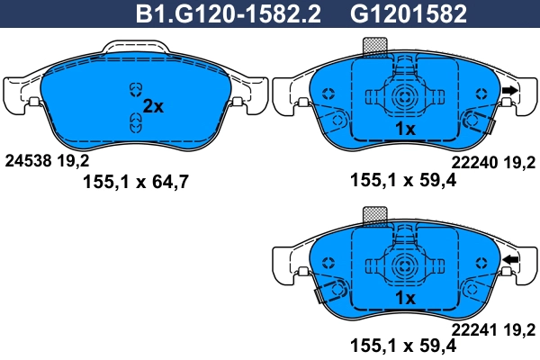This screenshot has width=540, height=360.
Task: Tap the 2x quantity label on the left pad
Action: [154, 106]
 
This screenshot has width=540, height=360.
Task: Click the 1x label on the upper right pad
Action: [404, 130]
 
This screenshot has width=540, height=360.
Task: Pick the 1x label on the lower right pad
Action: [404, 298]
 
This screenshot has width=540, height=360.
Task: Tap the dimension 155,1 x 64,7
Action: [137, 181]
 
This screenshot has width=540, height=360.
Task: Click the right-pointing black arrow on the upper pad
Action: [510, 90]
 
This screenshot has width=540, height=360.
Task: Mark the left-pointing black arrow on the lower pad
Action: [510, 261]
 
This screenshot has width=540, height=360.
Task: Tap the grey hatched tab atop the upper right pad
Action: [373, 46]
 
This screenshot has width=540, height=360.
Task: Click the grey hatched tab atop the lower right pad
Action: [373, 214]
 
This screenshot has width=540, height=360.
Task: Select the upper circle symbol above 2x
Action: [136, 88]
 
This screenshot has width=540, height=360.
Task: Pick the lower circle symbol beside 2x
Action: [136, 127]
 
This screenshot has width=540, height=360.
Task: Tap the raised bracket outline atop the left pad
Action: [135, 45]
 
